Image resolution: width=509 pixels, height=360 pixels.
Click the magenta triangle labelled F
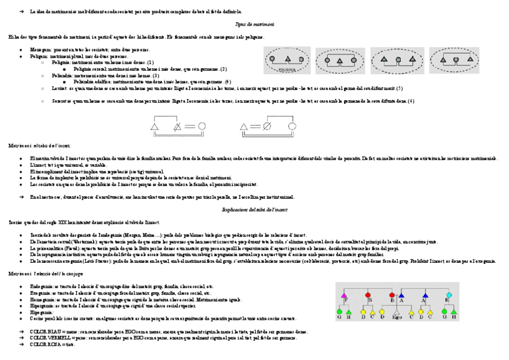[345, 296]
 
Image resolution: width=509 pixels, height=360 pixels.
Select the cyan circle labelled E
[448, 296]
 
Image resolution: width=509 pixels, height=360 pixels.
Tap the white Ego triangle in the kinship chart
[397, 312]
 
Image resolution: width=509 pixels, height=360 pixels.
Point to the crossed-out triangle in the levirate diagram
[177, 127]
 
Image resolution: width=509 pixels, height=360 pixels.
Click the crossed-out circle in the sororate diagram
[268, 127]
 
